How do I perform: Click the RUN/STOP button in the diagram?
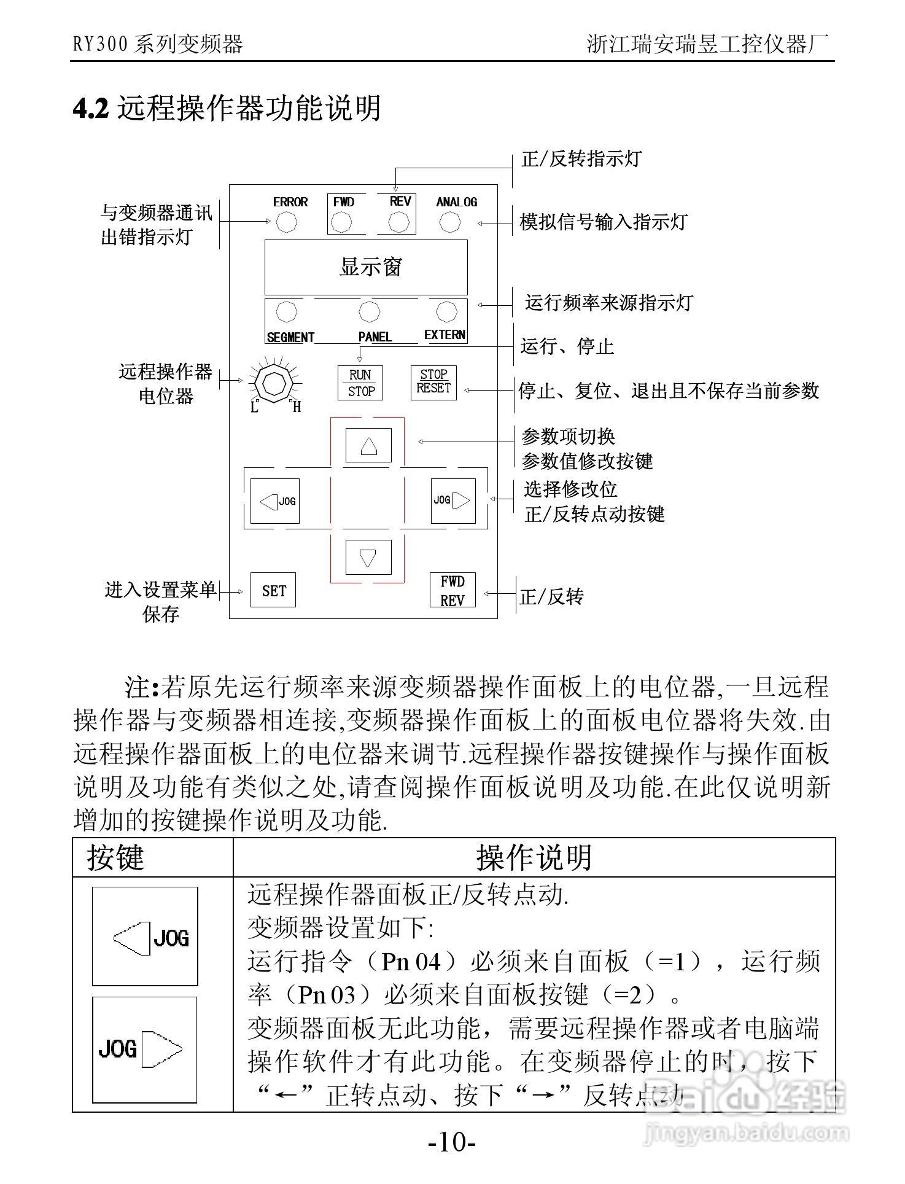[x=360, y=383]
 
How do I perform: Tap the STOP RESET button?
[x=433, y=382]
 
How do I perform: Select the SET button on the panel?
[x=273, y=590]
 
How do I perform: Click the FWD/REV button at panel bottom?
[x=452, y=590]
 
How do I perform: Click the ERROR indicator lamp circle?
[x=286, y=222]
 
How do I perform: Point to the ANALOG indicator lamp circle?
[x=450, y=222]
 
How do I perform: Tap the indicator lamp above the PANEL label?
[x=368, y=312]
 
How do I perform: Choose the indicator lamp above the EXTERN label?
[x=446, y=311]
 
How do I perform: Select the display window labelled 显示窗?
[x=366, y=267]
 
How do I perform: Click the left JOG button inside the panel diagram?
[x=275, y=501]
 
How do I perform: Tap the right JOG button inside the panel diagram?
[x=453, y=500]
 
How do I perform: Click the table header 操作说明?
[x=534, y=857]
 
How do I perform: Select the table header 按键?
[x=115, y=857]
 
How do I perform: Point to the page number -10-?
[x=452, y=1143]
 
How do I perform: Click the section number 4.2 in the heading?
[x=91, y=109]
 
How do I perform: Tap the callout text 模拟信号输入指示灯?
[x=604, y=222]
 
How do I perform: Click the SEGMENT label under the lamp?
[x=290, y=337]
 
